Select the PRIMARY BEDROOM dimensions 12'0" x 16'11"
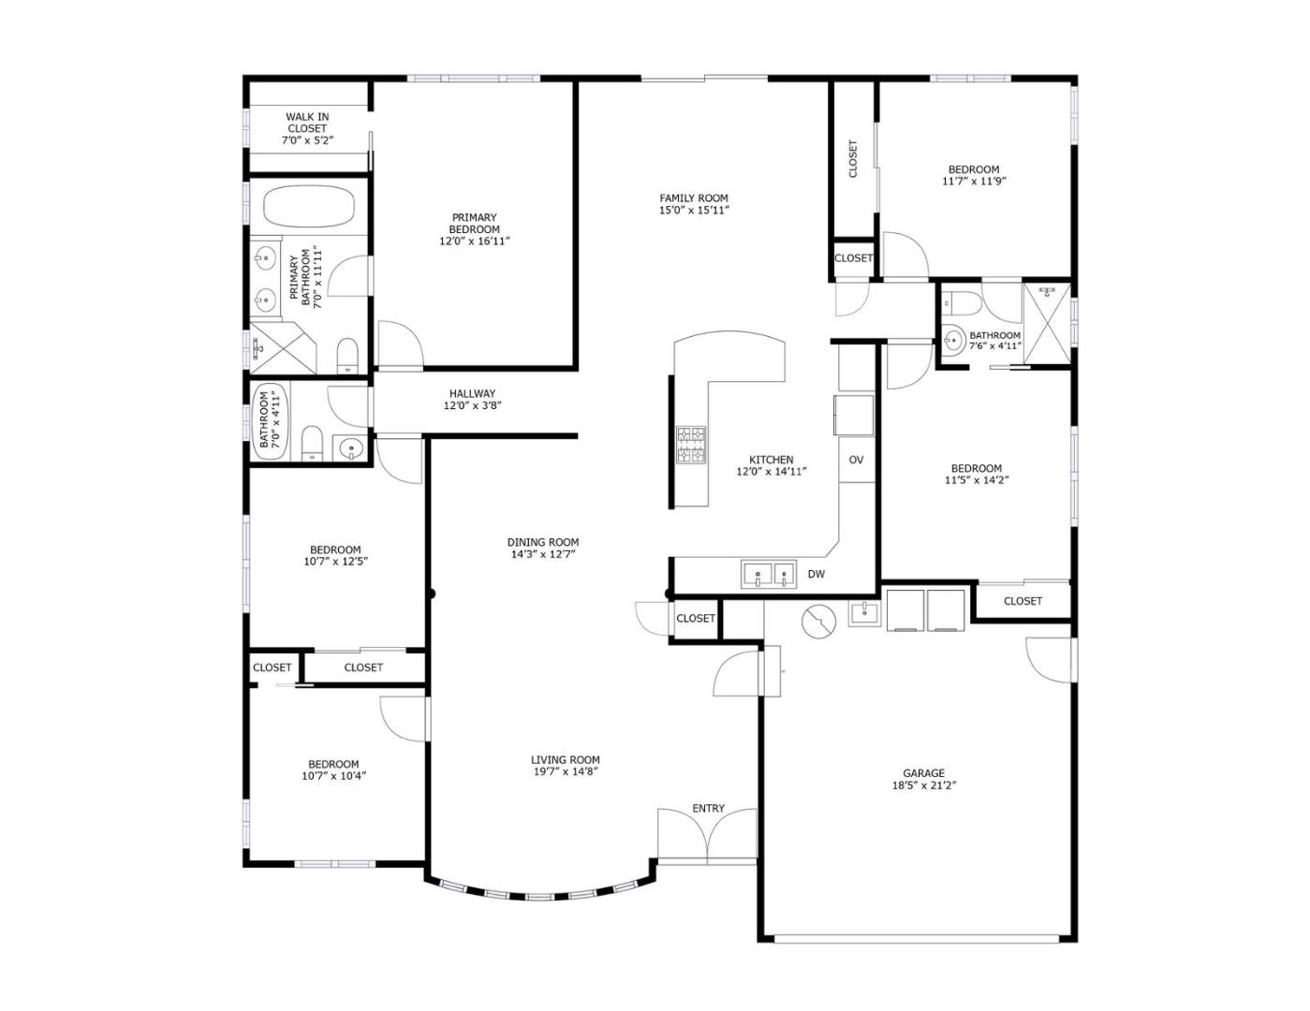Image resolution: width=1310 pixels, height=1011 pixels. (x=475, y=242)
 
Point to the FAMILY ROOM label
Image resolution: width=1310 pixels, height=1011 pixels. (x=694, y=198)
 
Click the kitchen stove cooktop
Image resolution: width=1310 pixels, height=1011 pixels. (x=691, y=445)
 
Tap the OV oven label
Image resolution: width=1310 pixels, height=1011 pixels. (x=856, y=461)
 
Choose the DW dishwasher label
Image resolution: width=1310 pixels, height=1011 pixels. (x=817, y=574)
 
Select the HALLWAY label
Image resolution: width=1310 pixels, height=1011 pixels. (x=472, y=393)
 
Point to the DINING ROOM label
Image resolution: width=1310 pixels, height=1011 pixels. (x=543, y=542)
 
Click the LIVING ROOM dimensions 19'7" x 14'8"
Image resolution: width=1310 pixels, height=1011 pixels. (x=565, y=771)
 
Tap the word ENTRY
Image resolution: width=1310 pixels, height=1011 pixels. (x=708, y=809)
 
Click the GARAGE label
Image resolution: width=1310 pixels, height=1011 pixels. (x=923, y=773)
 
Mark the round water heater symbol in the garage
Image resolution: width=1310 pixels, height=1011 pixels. (x=818, y=623)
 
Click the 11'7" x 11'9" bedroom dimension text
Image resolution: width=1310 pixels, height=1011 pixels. (x=974, y=181)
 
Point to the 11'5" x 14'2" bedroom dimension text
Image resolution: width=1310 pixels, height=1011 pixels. (x=977, y=480)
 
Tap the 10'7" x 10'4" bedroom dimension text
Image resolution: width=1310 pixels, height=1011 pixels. (x=334, y=776)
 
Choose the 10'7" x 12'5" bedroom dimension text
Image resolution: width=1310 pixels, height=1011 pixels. (x=336, y=562)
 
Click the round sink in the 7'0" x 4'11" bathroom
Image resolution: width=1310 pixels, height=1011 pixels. (x=351, y=448)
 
